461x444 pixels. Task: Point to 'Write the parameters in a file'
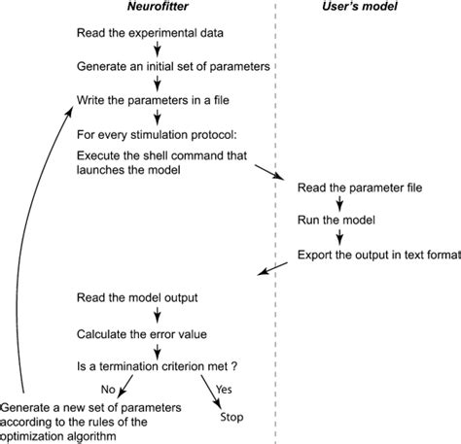pyautogui.click(x=147, y=98)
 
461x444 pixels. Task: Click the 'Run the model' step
pyautogui.click(x=336, y=222)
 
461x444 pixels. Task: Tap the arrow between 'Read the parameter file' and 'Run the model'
pyautogui.click(x=337, y=205)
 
